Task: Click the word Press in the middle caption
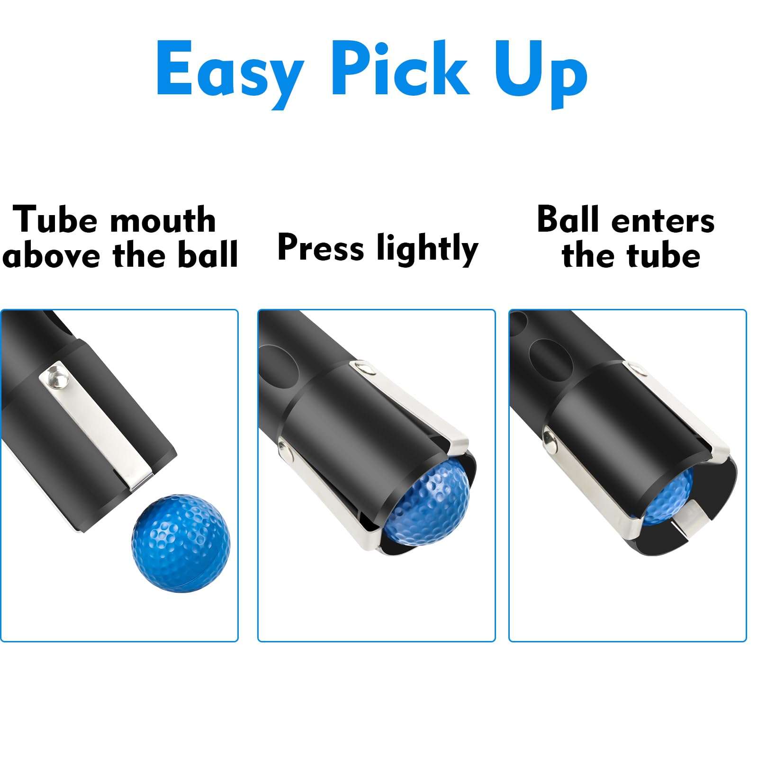(320, 247)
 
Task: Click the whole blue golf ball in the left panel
(180, 542)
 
